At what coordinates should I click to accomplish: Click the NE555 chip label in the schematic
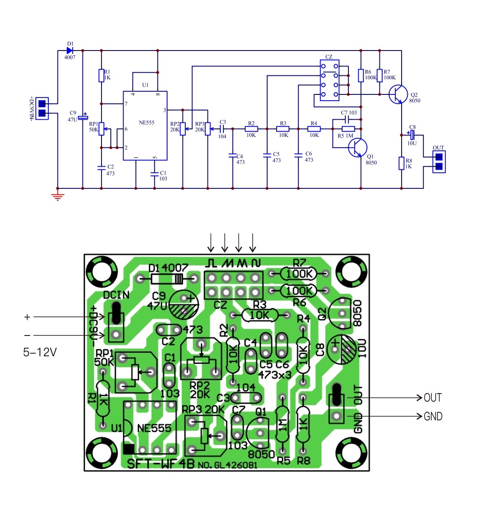[x=146, y=122]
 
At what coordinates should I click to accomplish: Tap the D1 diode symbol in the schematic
[x=70, y=51]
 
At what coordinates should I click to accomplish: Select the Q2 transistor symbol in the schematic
[x=398, y=94]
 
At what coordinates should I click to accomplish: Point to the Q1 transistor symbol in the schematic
[x=358, y=147]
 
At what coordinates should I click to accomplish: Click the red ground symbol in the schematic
[x=58, y=196]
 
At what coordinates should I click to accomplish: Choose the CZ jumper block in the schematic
[x=329, y=80]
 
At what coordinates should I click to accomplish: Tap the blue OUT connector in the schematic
[x=439, y=162]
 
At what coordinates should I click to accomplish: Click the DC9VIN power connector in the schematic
[x=42, y=109]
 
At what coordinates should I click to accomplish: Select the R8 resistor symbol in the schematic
[x=402, y=163]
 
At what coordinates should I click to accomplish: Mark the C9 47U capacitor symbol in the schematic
[x=83, y=117]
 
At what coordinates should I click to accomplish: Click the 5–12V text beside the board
[x=40, y=352]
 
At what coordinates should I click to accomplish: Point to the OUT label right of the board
[x=433, y=398]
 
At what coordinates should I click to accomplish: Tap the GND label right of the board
[x=433, y=416]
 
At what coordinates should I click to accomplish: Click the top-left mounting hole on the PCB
[x=102, y=272]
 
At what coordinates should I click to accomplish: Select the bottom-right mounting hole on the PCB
[x=351, y=452]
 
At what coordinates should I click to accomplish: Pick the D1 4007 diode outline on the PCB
[x=167, y=279]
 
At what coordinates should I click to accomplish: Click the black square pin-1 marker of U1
[x=129, y=449]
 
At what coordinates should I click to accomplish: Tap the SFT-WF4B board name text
[x=160, y=464]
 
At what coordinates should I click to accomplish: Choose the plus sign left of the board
[x=27, y=317]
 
